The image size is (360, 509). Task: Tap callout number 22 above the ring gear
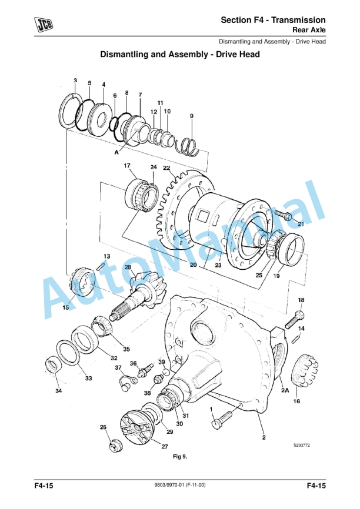coord(166,168)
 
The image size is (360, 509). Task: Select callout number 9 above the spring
coord(191,116)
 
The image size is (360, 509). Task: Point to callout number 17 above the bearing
coord(127,166)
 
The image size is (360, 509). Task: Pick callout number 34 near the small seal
coord(58,391)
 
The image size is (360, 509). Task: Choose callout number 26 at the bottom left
coord(103,427)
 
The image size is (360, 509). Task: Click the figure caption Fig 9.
coord(179,456)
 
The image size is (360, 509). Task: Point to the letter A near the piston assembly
coord(117,151)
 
